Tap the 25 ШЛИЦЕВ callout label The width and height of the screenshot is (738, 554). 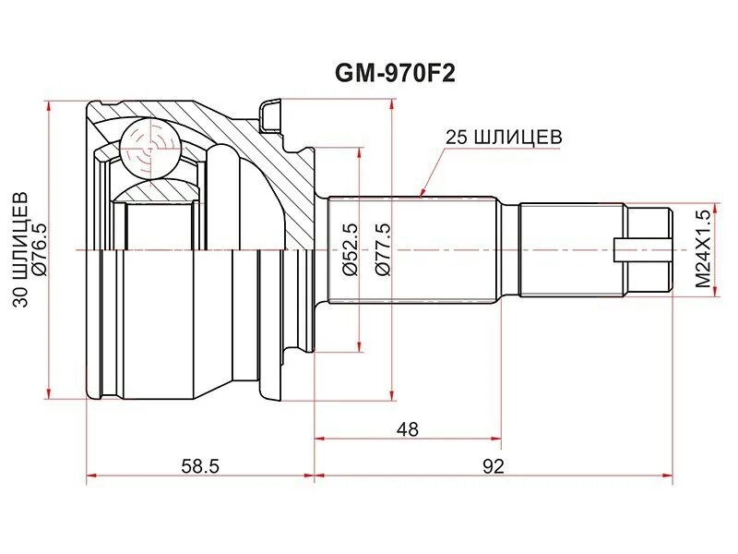503,137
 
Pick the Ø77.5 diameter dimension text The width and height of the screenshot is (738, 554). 384,250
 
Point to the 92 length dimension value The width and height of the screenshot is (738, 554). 493,466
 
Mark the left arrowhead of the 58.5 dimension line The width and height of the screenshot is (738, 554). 90,477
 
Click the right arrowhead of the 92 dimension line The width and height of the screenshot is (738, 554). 670,477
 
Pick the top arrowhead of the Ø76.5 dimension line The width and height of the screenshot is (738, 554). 47,104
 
